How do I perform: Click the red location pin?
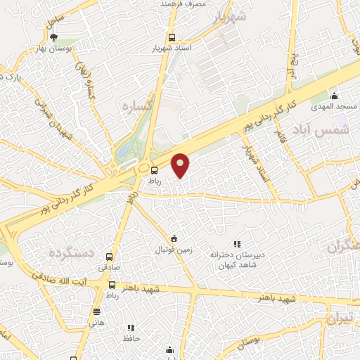pos(181,165)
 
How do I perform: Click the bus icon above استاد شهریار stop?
pos(172,38)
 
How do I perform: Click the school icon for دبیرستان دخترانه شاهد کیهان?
pos(236,244)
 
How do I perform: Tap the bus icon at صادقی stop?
pos(109,257)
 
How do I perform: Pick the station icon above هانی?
pos(96,311)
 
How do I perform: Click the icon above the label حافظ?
pos(131,328)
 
